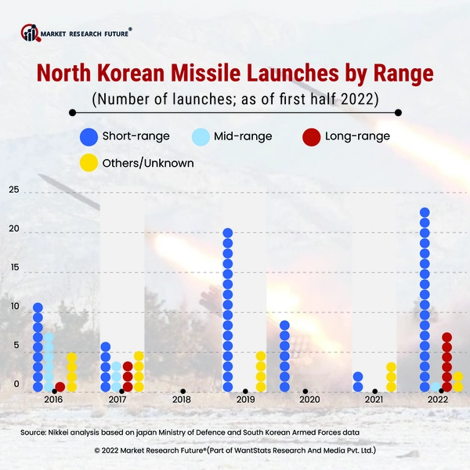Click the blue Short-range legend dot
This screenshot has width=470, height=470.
tap(89, 136)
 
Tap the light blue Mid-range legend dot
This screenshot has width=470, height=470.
tap(201, 136)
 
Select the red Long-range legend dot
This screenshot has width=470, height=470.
tap(311, 136)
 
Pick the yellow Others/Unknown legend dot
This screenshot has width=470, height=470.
tap(89, 163)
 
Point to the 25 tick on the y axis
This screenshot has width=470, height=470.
tap(14, 190)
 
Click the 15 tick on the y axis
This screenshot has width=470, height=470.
tap(14, 268)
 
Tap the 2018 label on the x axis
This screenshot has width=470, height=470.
tap(181, 400)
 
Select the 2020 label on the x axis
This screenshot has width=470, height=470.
tap(309, 400)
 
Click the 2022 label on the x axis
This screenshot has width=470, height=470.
tap(437, 400)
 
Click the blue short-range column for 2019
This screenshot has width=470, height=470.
tap(228, 310)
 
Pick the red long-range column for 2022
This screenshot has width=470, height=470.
tap(446, 362)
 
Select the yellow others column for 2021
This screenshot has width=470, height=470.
tap(392, 377)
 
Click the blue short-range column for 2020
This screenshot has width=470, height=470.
tap(284, 356)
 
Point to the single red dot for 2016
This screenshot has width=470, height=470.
tap(60, 387)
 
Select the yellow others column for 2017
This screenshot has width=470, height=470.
tap(139, 371)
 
